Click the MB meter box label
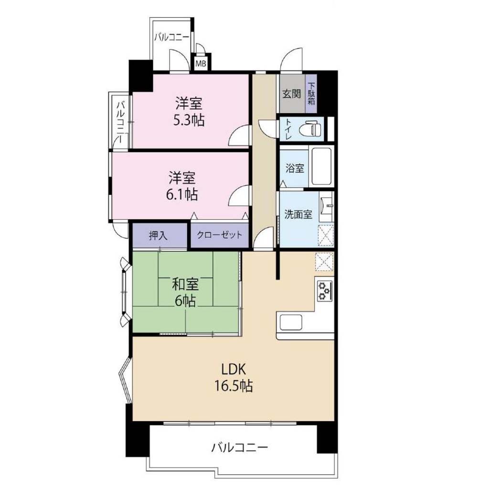click(201, 64)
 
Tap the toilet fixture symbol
click(310, 129)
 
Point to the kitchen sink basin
click(291, 322)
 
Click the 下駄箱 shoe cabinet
click(311, 93)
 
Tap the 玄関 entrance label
click(292, 94)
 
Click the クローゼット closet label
click(220, 234)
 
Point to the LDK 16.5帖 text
click(233, 377)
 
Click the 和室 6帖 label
click(185, 292)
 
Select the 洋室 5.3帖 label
click(189, 111)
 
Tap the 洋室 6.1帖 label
click(182, 186)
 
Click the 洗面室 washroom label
click(298, 214)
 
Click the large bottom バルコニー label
click(240, 448)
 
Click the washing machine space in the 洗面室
click(326, 235)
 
